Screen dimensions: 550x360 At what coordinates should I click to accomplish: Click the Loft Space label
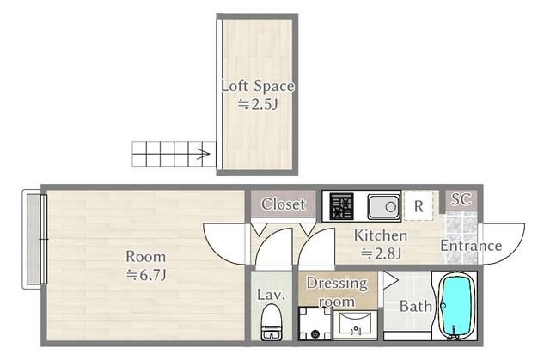[x=258, y=86]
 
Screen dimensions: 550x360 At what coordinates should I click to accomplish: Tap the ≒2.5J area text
[x=258, y=104]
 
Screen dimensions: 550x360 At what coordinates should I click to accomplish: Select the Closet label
[x=284, y=204]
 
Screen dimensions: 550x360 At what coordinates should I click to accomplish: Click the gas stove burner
[x=341, y=205]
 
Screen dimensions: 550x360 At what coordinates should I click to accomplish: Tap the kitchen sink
[x=383, y=206]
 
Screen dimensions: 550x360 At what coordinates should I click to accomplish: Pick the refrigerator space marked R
[x=419, y=206]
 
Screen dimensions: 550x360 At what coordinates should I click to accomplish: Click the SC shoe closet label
[x=461, y=199]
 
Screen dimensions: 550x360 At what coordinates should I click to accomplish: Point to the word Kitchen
[x=381, y=235]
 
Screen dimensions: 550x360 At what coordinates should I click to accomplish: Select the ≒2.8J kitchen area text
[x=382, y=253]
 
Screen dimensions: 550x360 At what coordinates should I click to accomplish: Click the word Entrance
[x=471, y=246]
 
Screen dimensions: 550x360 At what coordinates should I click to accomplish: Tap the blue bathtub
[x=455, y=306]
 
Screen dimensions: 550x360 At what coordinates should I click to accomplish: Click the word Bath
[x=416, y=307]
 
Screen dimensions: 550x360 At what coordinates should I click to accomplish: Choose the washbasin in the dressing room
[x=355, y=325]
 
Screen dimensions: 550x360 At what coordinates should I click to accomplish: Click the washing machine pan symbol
[x=315, y=324]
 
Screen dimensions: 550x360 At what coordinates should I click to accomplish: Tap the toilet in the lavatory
[x=272, y=322]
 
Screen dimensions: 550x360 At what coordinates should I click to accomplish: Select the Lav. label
[x=272, y=295]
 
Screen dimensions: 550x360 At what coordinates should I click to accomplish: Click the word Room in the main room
[x=145, y=257]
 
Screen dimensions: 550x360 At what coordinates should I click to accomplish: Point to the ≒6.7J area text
[x=146, y=275]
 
